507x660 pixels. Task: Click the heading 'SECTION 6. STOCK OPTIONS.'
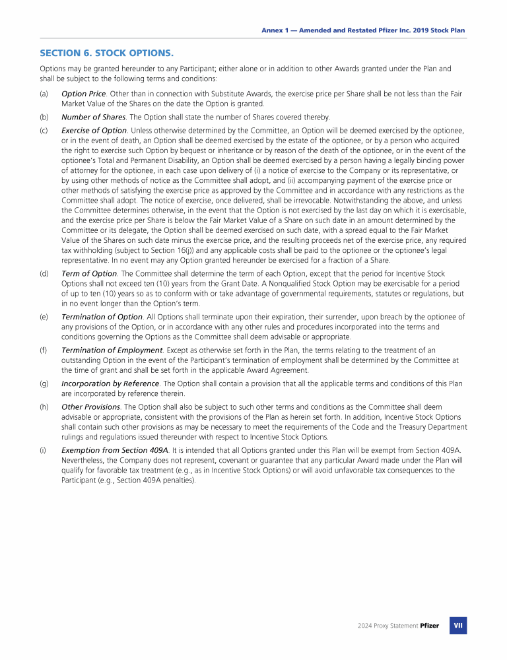pyautogui.click(x=107, y=52)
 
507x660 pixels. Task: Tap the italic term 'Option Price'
pyautogui.click(x=84, y=94)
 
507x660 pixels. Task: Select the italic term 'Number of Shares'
pyautogui.click(x=94, y=117)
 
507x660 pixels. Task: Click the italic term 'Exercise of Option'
pyautogui.click(x=94, y=130)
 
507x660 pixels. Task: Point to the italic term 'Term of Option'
pyautogui.click(x=88, y=273)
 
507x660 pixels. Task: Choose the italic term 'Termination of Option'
pyautogui.click(x=102, y=317)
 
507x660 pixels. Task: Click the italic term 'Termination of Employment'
pyautogui.click(x=112, y=350)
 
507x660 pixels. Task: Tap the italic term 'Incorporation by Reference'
pyautogui.click(x=110, y=383)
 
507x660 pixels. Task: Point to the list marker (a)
pyautogui.click(x=44, y=94)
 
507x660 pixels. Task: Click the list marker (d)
pyautogui.click(x=44, y=273)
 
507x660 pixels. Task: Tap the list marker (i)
pyautogui.click(x=43, y=450)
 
